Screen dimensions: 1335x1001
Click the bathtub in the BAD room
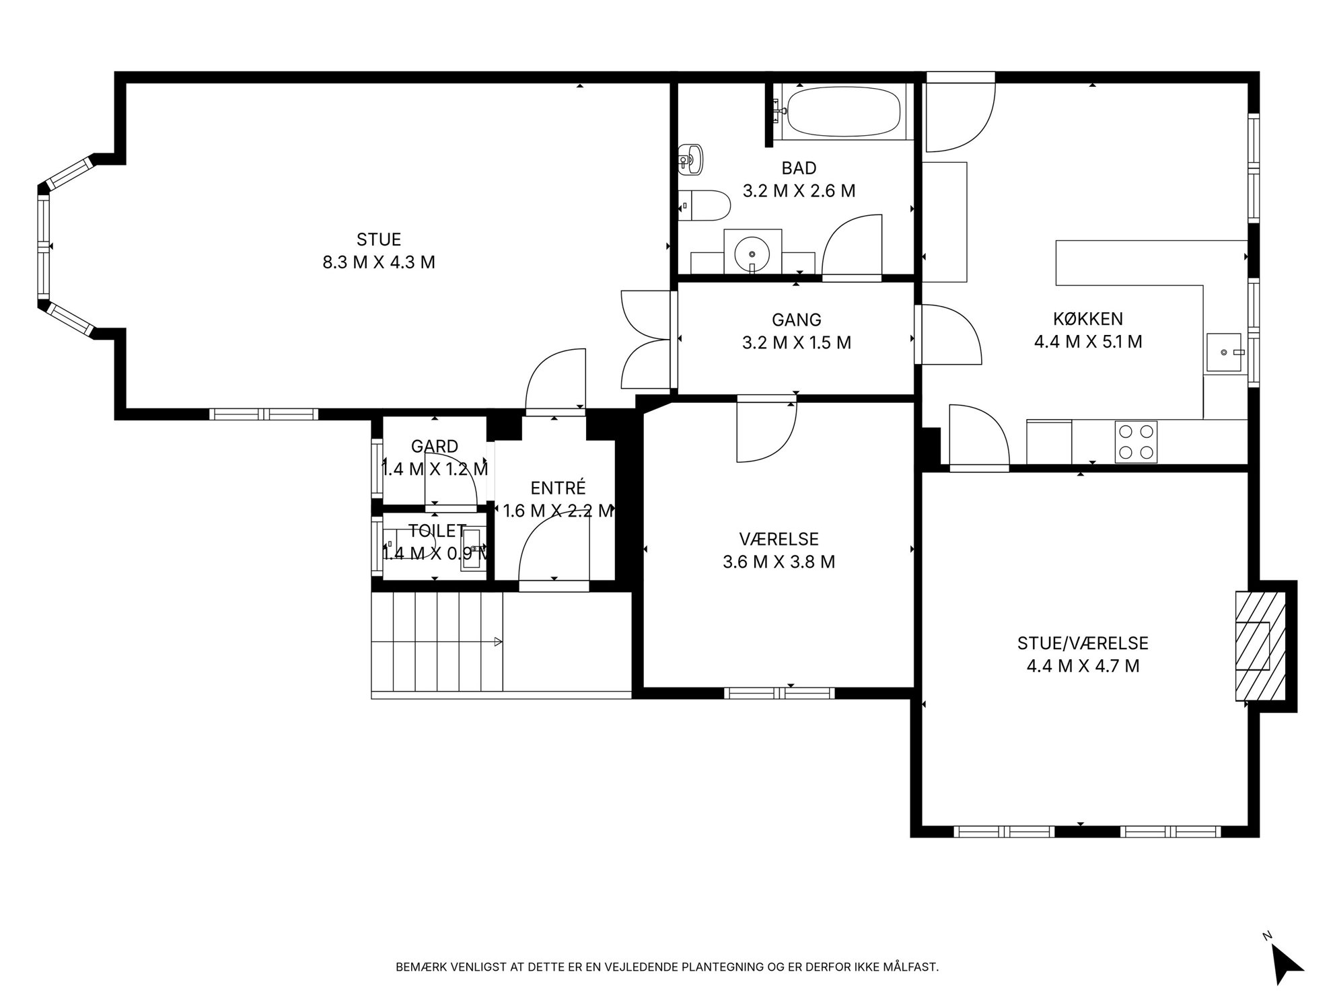(843, 112)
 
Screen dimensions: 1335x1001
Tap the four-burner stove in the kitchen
(1136, 442)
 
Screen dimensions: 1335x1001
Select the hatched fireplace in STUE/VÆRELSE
(1260, 646)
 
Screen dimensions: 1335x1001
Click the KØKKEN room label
(1087, 319)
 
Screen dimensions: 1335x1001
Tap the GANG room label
(797, 320)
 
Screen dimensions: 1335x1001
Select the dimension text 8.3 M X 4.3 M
(379, 262)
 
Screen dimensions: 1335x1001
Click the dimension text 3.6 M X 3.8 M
(779, 562)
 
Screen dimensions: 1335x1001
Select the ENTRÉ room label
(558, 488)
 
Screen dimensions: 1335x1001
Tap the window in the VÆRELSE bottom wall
(779, 693)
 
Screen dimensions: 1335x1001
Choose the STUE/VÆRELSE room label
(1083, 644)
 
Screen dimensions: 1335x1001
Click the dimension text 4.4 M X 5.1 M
(1088, 342)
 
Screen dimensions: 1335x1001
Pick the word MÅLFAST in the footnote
(911, 967)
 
